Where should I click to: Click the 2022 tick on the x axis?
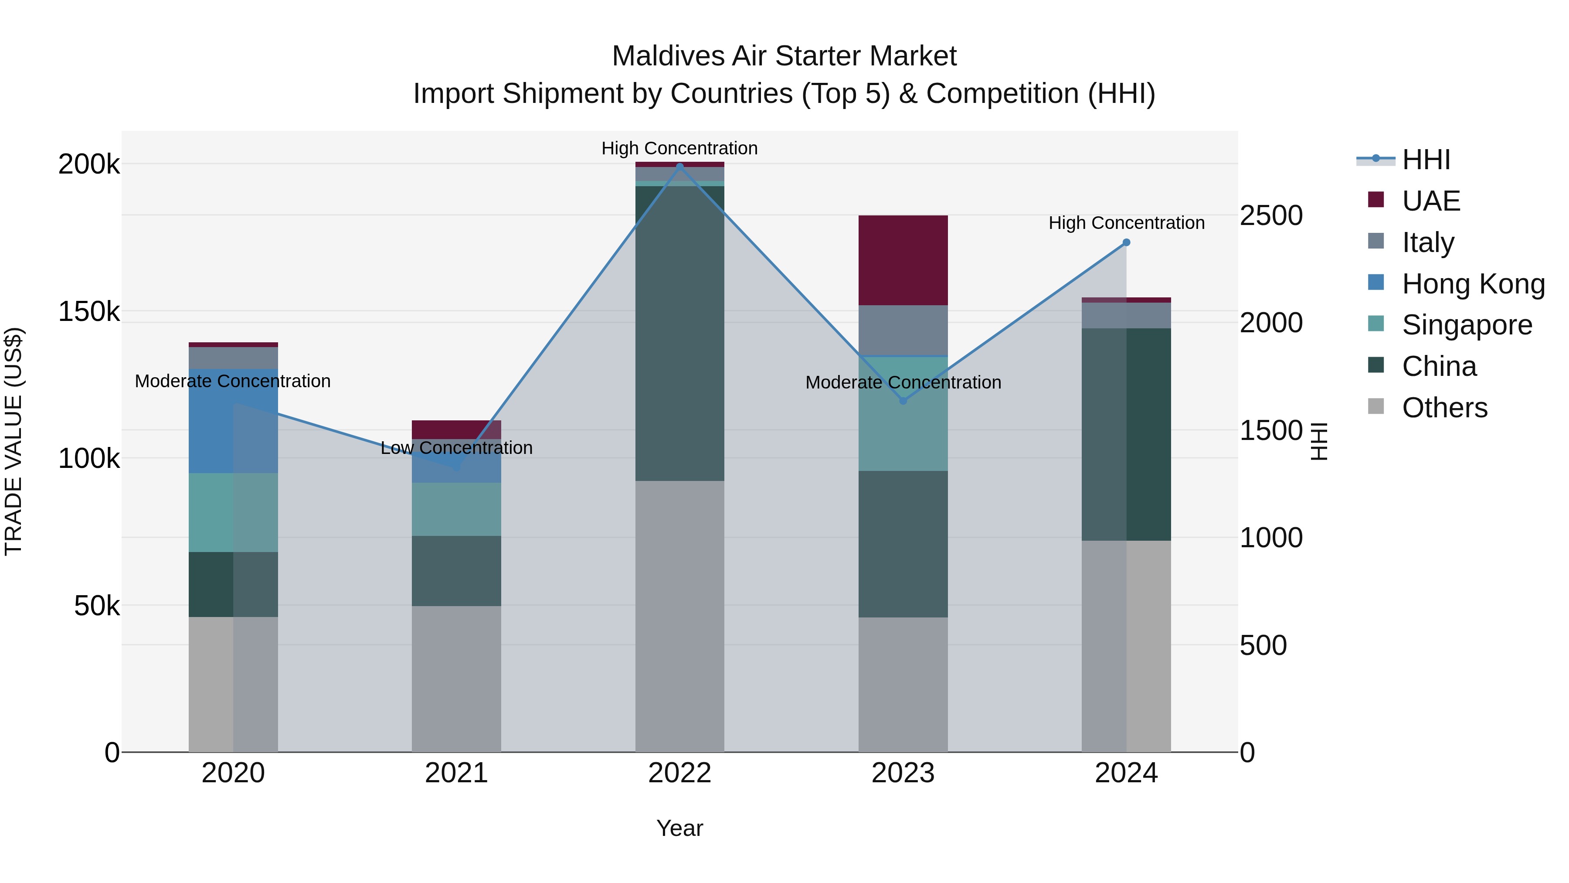pos(680,773)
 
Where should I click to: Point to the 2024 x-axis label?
pos(1126,773)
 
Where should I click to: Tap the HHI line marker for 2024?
pos(1126,242)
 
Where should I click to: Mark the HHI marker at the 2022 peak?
pos(680,167)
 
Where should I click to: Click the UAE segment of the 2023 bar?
pos(903,260)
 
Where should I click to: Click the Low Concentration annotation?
pos(456,448)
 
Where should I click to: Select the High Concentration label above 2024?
pos(1126,223)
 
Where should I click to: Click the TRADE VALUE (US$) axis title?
pos(14,441)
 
